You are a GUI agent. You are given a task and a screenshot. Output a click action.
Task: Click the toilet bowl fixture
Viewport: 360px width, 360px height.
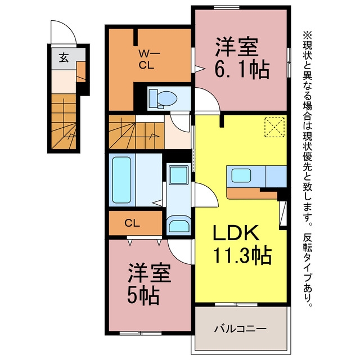163,99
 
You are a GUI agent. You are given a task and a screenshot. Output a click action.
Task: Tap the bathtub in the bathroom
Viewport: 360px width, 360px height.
121,180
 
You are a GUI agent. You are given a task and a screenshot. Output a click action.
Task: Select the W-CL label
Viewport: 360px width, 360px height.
146,60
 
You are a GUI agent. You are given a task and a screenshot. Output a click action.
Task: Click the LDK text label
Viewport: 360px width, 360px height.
236,233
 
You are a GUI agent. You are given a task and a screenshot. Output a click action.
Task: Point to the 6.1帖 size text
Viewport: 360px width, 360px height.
241,70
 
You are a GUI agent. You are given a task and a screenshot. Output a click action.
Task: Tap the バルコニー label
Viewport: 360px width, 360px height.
240,328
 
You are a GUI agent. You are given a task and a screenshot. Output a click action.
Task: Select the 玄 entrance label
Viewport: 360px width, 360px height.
64,57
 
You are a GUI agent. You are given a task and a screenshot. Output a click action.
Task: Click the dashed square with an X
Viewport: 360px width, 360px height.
274,128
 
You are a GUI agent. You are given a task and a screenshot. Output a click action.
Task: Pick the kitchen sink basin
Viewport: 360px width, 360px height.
241,176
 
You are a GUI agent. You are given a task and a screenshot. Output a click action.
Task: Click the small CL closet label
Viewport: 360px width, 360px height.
132,223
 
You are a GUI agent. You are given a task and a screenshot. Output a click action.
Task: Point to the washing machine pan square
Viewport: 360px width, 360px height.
178,175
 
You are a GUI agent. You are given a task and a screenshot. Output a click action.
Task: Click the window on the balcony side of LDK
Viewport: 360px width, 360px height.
236,305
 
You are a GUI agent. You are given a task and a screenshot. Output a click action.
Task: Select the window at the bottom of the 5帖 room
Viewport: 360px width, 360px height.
141,333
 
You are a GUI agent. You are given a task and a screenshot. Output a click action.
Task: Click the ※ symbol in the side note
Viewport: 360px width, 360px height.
307,35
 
